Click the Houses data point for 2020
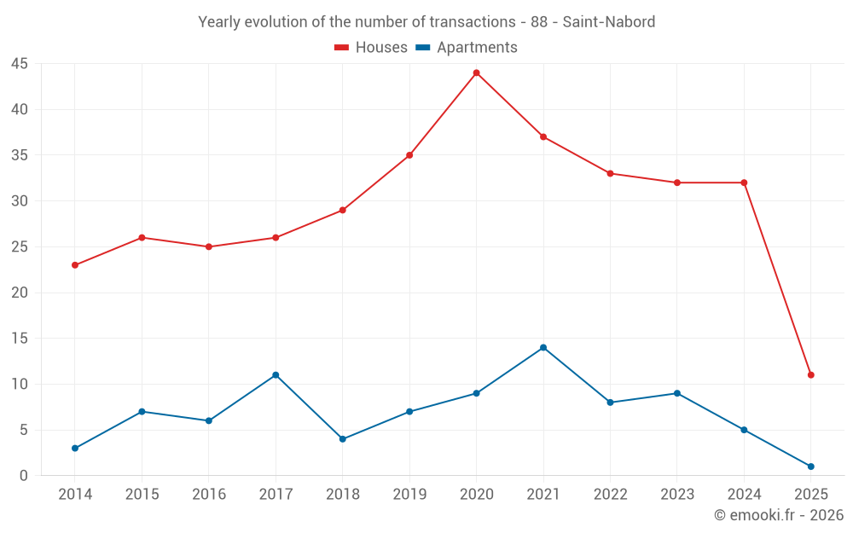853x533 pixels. pos(476,72)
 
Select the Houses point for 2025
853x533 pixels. pos(810,375)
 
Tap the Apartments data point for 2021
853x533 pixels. pos(543,348)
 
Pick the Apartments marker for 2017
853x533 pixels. pos(276,375)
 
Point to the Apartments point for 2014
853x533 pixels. pos(75,449)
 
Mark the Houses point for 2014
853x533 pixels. pos(75,265)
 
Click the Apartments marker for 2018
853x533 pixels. pos(342,439)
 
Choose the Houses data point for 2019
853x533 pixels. pos(409,155)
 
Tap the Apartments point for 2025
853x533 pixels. pos(810,466)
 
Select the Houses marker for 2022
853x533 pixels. pos(610,173)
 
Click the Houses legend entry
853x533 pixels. pos(371,48)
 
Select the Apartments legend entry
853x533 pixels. pos(467,48)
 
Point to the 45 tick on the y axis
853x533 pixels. pos(20,64)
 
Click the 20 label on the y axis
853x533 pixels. pos(20,293)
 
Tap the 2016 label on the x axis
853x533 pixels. pos(209,495)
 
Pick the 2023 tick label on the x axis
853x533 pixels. pos(677,495)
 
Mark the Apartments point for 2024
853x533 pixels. pos(744,430)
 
